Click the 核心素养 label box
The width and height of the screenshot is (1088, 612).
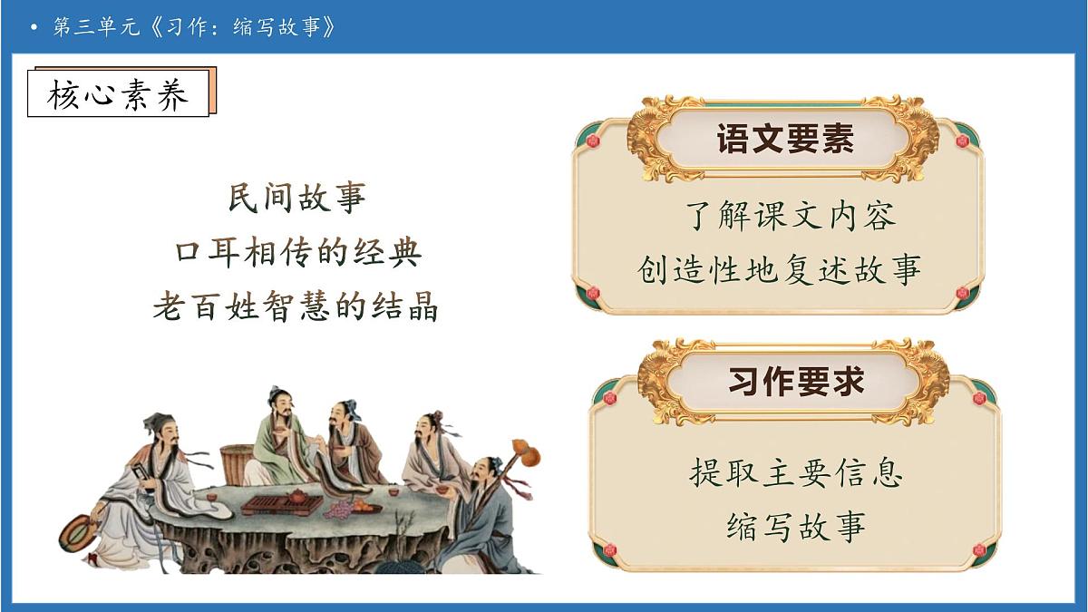118,93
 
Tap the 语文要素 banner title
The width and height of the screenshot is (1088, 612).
785,141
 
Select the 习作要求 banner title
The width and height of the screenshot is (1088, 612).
796,382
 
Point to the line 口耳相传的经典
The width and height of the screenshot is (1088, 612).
296,252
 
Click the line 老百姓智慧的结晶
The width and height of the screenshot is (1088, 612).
296,306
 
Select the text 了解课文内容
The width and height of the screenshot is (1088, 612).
785,217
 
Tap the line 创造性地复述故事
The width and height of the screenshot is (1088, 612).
780,270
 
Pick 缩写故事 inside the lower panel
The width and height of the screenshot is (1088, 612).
796,526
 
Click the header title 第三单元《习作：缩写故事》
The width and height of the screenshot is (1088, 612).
194,27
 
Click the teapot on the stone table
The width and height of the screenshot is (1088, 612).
296,497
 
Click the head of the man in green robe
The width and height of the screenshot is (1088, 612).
277,400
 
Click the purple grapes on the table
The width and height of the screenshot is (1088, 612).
340,511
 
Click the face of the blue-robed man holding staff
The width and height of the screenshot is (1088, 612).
481,475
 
